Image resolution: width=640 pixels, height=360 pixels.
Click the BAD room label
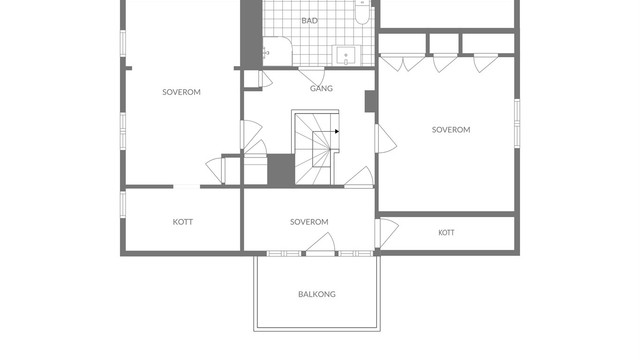pyautogui.click(x=309, y=20)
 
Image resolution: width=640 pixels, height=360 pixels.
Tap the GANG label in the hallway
pyautogui.click(x=321, y=88)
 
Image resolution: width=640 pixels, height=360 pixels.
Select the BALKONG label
pyautogui.click(x=317, y=294)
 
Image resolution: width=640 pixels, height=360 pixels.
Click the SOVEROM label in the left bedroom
pyautogui.click(x=181, y=92)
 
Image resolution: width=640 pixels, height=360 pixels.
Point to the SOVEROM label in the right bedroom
pyautogui.click(x=451, y=130)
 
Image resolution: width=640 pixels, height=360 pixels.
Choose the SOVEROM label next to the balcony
pyautogui.click(x=309, y=222)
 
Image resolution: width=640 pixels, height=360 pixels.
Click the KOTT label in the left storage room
pyautogui.click(x=182, y=222)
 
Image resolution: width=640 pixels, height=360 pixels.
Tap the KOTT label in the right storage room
pyautogui.click(x=446, y=233)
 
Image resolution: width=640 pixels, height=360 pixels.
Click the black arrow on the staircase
pyautogui.click(x=337, y=131)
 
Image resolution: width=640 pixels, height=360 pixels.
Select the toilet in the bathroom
pyautogui.click(x=362, y=11)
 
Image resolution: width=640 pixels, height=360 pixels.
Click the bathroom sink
pyautogui.click(x=346, y=55)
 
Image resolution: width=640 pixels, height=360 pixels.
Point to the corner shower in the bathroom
pyautogui.click(x=277, y=51)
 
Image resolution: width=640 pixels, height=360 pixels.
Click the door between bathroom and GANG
pyautogui.click(x=312, y=76)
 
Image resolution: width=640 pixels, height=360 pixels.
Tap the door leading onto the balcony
pyautogui.click(x=321, y=244)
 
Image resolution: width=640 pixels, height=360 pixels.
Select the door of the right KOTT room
pyautogui.click(x=387, y=233)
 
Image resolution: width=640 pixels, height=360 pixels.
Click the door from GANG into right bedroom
pyautogui.click(x=385, y=139)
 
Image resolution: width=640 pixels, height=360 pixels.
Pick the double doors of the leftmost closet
pyautogui.click(x=402, y=62)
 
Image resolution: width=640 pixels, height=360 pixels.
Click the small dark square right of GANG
pyautogui.click(x=370, y=101)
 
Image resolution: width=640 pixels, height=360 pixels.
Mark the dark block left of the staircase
pyautogui.click(x=281, y=169)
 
